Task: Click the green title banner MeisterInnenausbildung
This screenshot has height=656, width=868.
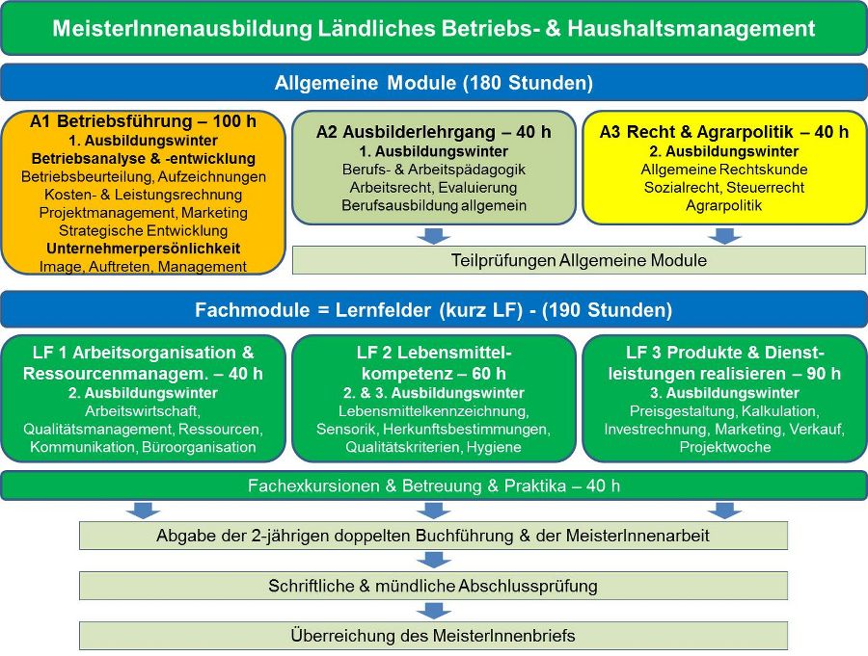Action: (x=434, y=28)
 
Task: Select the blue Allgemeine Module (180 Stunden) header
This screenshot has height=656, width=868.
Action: (x=434, y=83)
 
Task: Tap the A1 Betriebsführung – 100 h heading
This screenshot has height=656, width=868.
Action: (x=143, y=121)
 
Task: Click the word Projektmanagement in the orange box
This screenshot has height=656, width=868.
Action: (x=107, y=212)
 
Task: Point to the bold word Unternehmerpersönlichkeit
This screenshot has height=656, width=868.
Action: (x=143, y=249)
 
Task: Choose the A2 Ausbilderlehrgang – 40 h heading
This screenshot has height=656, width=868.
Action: (x=434, y=132)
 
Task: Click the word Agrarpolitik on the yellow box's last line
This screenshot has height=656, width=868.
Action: (x=724, y=205)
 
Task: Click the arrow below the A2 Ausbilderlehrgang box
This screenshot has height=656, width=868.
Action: (x=434, y=236)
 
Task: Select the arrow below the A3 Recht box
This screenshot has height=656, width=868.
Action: (x=724, y=236)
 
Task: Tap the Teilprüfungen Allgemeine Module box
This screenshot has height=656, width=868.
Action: (x=579, y=260)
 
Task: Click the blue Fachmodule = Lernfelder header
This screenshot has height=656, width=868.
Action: (x=434, y=309)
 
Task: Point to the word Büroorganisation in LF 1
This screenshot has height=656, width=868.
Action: (x=199, y=447)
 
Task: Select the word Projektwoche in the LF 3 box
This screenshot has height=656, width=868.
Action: (x=725, y=447)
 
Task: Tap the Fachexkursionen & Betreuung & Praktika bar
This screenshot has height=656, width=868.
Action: (x=434, y=485)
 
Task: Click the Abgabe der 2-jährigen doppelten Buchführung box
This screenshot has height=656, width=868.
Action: (x=433, y=536)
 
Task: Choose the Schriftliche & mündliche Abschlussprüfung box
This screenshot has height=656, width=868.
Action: (x=433, y=586)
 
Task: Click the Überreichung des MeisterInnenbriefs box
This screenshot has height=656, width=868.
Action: (x=433, y=636)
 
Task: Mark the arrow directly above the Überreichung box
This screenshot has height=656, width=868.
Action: (x=434, y=611)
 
